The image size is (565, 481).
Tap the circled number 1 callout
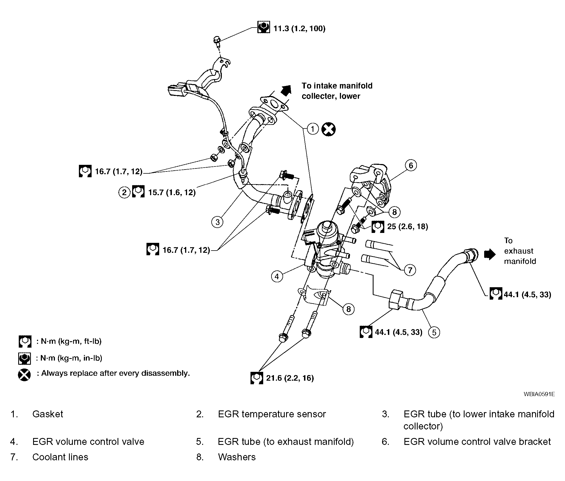point(313,129)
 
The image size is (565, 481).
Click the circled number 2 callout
point(124,192)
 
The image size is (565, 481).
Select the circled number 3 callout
point(217,222)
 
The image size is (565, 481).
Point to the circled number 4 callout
point(277,276)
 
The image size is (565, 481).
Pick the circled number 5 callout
point(434,332)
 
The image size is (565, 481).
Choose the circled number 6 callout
point(411,165)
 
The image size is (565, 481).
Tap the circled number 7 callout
point(410,270)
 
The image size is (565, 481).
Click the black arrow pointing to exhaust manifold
point(490,254)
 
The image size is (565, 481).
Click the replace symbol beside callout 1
point(329,129)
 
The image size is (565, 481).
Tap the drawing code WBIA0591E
point(539,394)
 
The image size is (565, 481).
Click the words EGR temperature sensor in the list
point(272,414)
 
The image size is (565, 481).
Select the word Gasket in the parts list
point(48,414)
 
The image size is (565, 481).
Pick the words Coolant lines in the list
point(60,457)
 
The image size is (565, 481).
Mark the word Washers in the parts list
point(237,457)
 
